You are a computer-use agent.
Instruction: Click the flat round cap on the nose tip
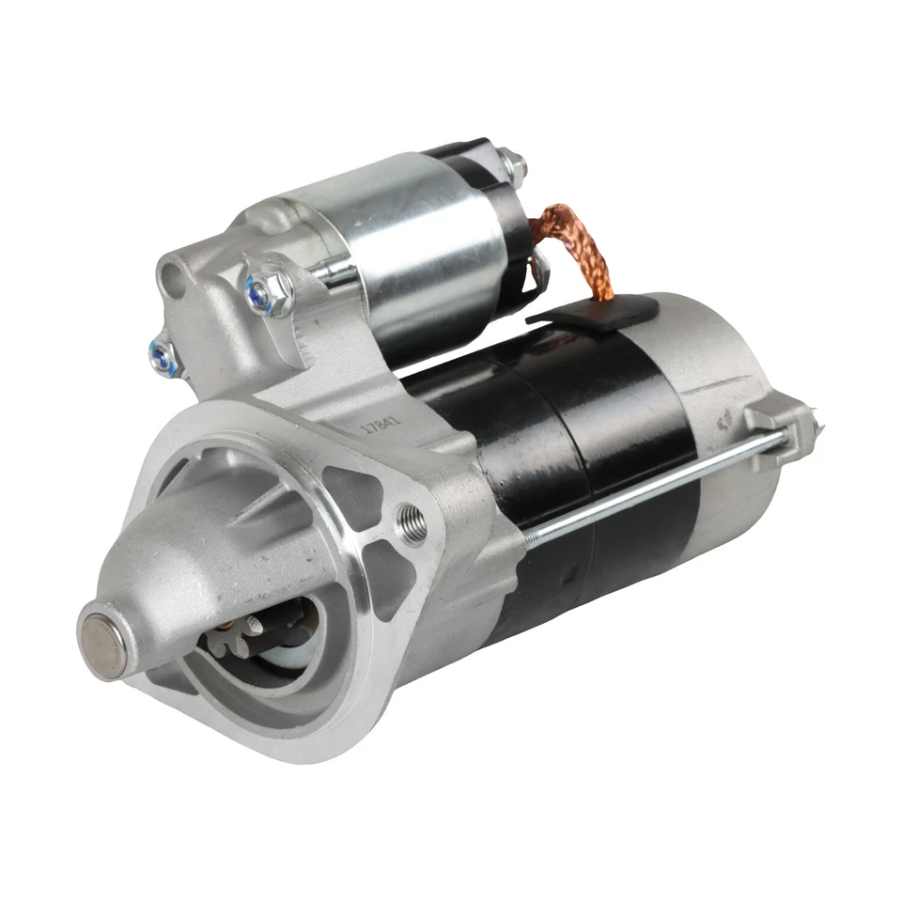(101, 640)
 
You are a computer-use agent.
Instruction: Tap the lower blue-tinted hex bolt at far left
(161, 354)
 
